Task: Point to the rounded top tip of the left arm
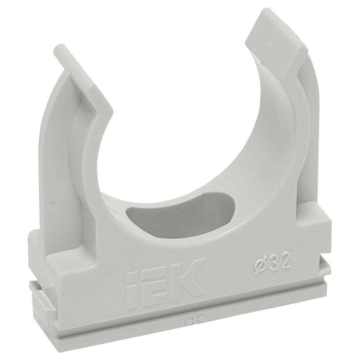pos(59,48)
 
